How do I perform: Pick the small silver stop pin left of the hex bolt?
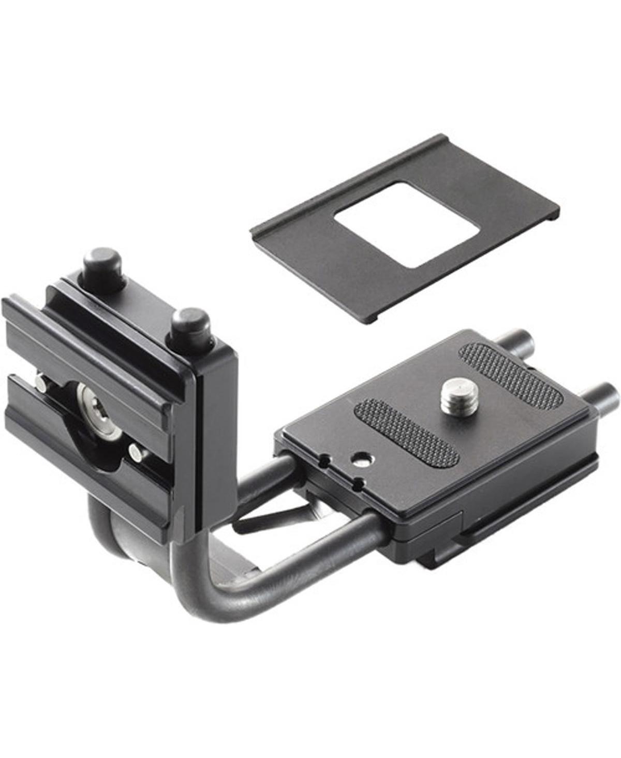click(40, 383)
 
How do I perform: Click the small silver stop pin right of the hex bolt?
click(137, 453)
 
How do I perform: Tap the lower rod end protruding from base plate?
click(600, 392)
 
